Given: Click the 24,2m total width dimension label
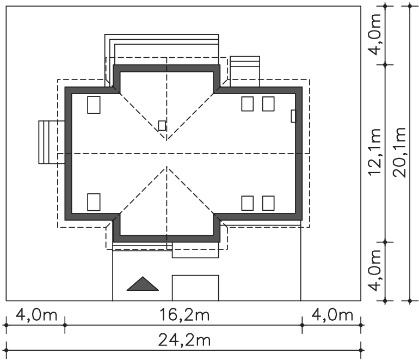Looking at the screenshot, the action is [x=184, y=340].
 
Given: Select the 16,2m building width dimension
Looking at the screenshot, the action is [x=184, y=315].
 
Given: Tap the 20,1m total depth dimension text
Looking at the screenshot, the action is [x=399, y=152].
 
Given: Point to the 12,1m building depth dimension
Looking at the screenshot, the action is [x=374, y=152].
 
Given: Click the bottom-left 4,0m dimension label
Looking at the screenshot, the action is [x=36, y=315].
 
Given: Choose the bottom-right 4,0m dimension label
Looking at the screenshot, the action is [x=332, y=315].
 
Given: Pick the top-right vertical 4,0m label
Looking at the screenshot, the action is [x=374, y=34].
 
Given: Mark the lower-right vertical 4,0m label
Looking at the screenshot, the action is [x=374, y=270].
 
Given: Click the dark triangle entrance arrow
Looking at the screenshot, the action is [x=143, y=284].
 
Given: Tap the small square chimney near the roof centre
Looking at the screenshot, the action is [x=162, y=125].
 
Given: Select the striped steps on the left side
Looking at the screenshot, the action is [x=52, y=142].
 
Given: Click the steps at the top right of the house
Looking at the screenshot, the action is [x=245, y=71].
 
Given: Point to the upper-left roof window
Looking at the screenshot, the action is [x=94, y=105].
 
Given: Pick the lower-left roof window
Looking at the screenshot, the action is [x=94, y=202].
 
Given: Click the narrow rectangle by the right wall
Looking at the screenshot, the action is [x=293, y=116].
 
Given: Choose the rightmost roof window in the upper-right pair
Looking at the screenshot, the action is [x=268, y=104].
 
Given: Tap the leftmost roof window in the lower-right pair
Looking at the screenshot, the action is [x=248, y=203].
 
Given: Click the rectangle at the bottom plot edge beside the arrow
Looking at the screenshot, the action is [x=195, y=288].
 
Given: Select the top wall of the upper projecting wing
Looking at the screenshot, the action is [x=167, y=68].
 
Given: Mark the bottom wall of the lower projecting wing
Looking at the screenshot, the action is [x=167, y=239].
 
